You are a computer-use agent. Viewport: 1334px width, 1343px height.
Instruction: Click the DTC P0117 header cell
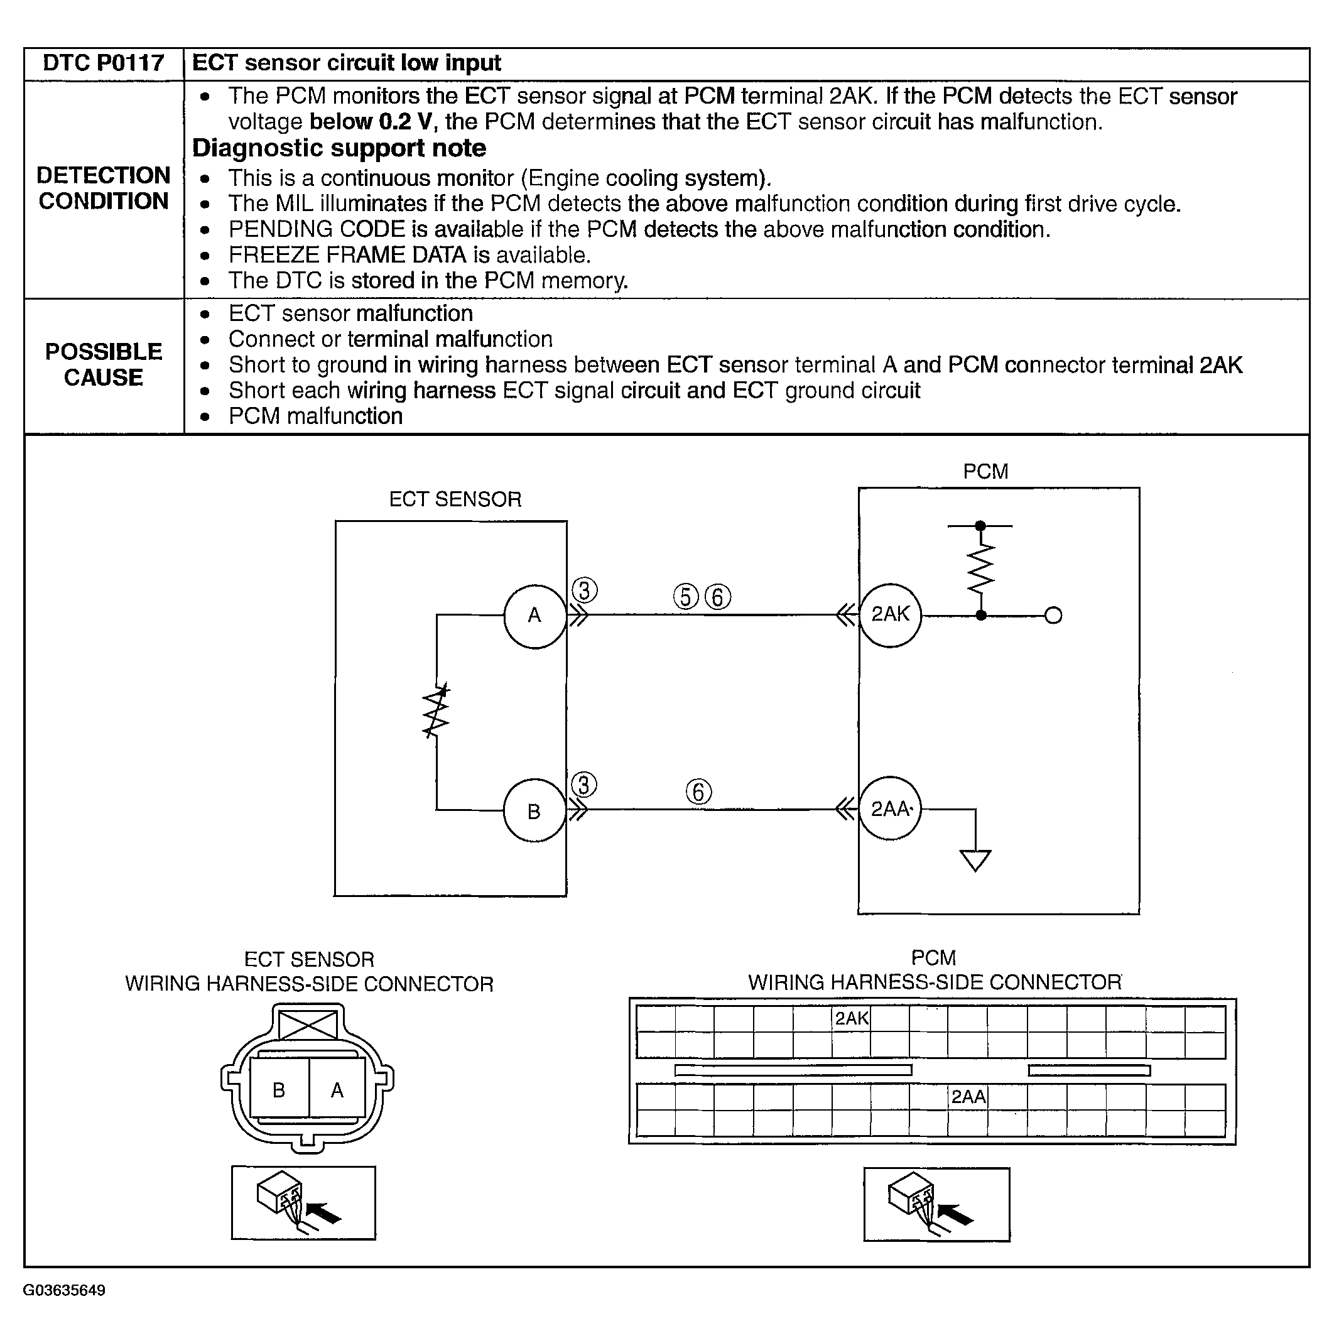click(x=103, y=63)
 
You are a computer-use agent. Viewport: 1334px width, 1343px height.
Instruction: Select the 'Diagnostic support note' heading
click(x=339, y=148)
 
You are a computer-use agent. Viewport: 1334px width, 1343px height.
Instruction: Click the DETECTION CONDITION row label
click(x=103, y=188)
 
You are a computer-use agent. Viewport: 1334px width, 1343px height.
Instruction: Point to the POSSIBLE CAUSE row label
click(x=103, y=364)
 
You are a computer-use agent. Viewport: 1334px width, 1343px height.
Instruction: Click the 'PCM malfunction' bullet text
click(x=315, y=416)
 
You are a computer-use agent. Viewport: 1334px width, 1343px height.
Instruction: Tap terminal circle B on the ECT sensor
click(x=534, y=810)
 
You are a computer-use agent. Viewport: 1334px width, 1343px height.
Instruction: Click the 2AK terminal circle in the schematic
click(x=891, y=614)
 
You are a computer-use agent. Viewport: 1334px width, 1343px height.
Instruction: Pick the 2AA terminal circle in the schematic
click(x=891, y=809)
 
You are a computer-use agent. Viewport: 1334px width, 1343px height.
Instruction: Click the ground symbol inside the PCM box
click(x=975, y=860)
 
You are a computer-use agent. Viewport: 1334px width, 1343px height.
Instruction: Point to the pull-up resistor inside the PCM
click(x=980, y=568)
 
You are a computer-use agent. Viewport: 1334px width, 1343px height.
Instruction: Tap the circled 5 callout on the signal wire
click(x=685, y=596)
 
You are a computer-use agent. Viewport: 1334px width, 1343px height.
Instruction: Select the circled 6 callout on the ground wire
click(x=698, y=791)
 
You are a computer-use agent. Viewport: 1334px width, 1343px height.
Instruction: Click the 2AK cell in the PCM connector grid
click(x=851, y=1019)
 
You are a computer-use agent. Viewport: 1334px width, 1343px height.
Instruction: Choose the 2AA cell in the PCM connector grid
click(x=968, y=1097)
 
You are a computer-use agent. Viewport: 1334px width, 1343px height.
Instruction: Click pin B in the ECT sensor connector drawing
click(x=279, y=1090)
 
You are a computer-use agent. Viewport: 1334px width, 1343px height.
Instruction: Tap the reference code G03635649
click(x=64, y=1290)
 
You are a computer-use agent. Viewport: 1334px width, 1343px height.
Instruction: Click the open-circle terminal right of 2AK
click(x=1053, y=615)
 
